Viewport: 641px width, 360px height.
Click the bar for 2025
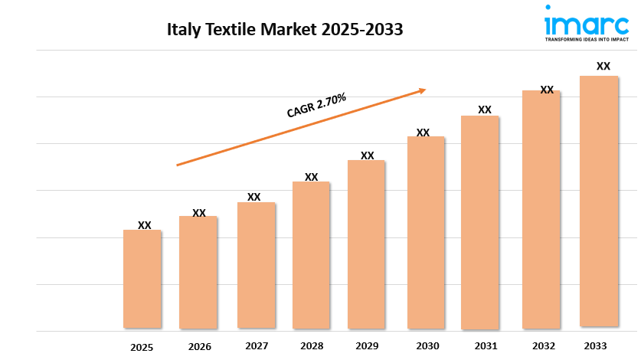click(142, 279)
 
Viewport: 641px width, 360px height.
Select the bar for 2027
click(256, 265)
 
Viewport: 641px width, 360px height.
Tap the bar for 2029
click(366, 244)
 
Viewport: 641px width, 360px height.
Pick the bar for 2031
click(480, 222)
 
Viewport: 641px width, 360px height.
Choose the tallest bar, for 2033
click(599, 201)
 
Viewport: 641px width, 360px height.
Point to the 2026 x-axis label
click(199, 347)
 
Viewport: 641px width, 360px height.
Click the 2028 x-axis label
click(312, 346)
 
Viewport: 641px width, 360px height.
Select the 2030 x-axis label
click(425, 346)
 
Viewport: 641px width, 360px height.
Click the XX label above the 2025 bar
click(145, 225)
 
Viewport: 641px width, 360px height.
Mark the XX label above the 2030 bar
click(423, 133)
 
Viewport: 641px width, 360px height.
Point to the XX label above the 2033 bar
click(603, 67)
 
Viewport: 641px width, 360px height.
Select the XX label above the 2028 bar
click(311, 177)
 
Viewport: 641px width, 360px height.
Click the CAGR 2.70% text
click(316, 106)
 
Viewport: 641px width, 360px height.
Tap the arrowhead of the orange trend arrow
click(421, 90)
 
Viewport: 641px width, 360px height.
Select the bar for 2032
click(541, 209)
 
